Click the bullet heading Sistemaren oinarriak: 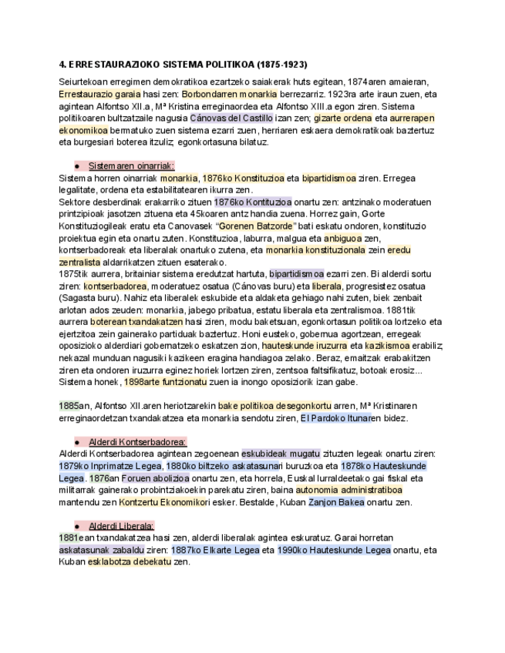tap(131, 166)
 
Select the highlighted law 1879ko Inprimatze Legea tap(110, 466)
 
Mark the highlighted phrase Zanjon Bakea tap(338, 502)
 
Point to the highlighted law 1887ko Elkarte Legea tap(234, 550)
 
